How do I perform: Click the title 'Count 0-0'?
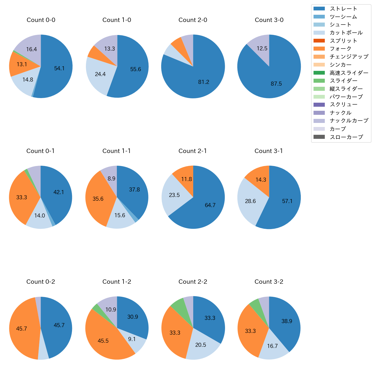pyautogui.click(x=41, y=20)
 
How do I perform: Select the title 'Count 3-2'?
pyautogui.click(x=269, y=282)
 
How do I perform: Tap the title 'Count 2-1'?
pyautogui.click(x=193, y=151)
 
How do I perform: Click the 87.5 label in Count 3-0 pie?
pyautogui.click(x=276, y=84)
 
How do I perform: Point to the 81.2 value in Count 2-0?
pyautogui.click(x=204, y=82)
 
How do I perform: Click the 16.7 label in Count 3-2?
pyautogui.click(x=272, y=346)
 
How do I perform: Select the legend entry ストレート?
pyautogui.click(x=343, y=9)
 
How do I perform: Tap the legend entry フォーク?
pyautogui.click(x=340, y=49)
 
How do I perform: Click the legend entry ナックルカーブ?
pyautogui.click(x=349, y=121)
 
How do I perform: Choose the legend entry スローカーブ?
pyautogui.click(x=346, y=137)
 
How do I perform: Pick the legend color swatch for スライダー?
pyautogui.click(x=319, y=81)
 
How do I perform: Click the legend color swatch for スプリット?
pyautogui.click(x=319, y=40)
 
